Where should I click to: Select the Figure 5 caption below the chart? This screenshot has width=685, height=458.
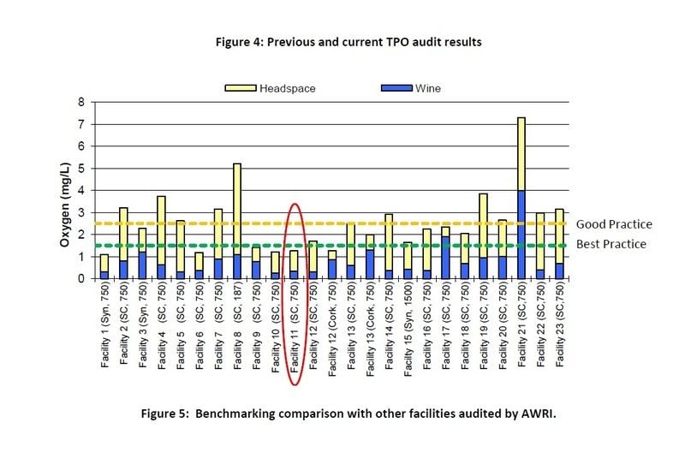tap(349, 413)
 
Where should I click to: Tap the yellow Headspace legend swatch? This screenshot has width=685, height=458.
tap(235, 87)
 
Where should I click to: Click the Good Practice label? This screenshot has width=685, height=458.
tap(613, 224)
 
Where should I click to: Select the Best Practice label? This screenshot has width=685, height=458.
tap(612, 244)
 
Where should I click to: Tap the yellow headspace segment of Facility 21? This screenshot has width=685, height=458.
tap(521, 154)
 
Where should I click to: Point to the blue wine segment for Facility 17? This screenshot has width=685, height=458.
tap(445, 257)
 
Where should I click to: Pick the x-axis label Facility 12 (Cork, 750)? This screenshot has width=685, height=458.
tap(332, 329)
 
